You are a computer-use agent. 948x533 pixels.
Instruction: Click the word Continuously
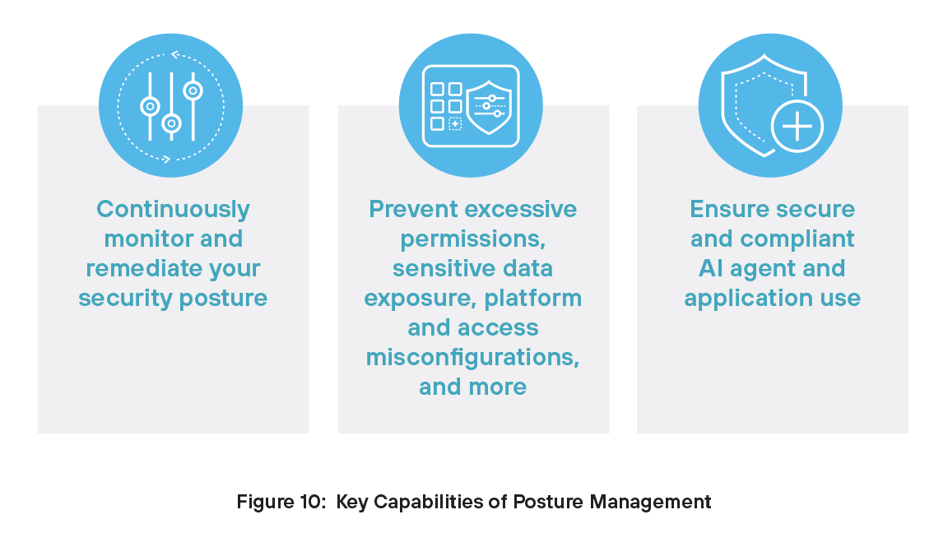point(173,210)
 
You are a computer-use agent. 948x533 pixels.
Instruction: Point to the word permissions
point(471,239)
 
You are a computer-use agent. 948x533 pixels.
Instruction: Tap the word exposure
point(415,299)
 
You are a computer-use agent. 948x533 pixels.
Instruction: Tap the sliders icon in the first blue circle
point(171,106)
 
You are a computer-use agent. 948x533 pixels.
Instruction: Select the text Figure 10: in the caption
point(281,502)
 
